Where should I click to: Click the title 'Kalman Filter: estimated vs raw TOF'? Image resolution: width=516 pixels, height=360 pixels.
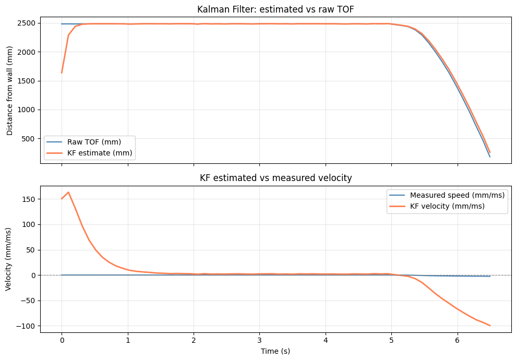tap(275, 9)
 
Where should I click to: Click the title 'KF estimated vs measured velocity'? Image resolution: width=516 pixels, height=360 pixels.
tap(275, 178)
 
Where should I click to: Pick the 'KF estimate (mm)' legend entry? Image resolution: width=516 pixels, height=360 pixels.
tap(100, 153)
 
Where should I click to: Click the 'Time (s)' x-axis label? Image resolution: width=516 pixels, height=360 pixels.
tap(275, 351)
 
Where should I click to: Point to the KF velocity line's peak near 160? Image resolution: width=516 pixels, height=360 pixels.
tap(68, 192)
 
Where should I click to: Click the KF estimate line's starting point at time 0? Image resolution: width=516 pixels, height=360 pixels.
tap(62, 73)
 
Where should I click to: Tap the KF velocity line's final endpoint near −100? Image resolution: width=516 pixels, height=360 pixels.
tap(490, 326)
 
